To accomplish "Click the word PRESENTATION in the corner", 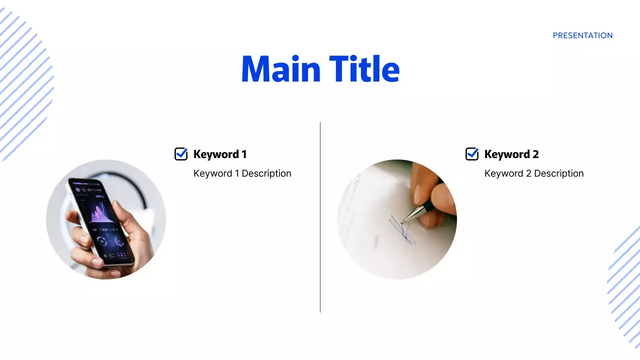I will click(x=582, y=35).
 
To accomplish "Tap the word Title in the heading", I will click(x=364, y=69).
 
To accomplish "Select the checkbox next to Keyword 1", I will click(x=180, y=154).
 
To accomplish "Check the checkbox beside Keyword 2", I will click(x=471, y=154).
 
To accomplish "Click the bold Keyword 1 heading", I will click(x=220, y=154).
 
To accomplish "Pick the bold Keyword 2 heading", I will click(x=511, y=154).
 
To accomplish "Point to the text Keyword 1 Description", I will click(x=242, y=173).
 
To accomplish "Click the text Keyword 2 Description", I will click(x=533, y=173).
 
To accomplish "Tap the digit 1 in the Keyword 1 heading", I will click(x=243, y=154).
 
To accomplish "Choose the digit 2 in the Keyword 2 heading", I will click(x=535, y=154).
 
